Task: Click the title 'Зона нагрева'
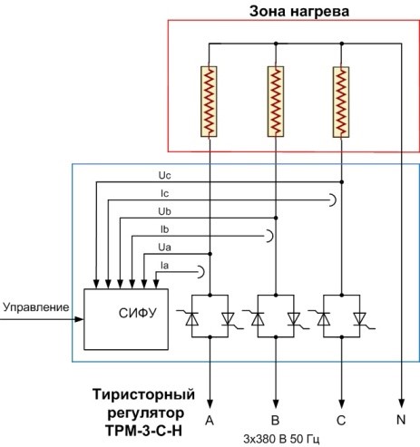(299, 11)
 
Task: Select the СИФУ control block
(126, 319)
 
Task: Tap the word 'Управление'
(36, 307)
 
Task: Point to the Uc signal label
(164, 176)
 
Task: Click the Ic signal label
(165, 193)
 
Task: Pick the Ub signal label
(164, 211)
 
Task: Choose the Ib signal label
(165, 229)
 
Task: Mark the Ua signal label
(164, 248)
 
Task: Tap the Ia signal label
(165, 266)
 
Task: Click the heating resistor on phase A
(209, 102)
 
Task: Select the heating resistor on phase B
(276, 102)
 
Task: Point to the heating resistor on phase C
(341, 102)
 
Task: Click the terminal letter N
(401, 420)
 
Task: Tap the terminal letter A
(210, 420)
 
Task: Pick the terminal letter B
(275, 420)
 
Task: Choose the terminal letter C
(341, 420)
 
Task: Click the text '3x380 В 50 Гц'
(281, 439)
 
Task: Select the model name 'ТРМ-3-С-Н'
(144, 431)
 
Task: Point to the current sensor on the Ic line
(333, 199)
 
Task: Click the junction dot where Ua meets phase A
(210, 254)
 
